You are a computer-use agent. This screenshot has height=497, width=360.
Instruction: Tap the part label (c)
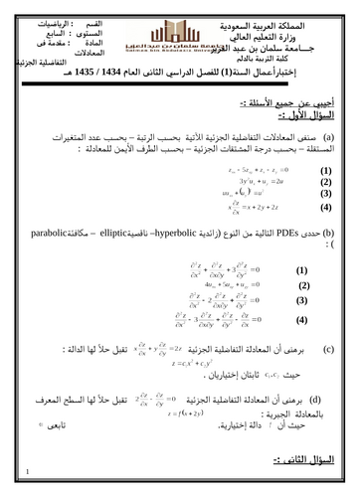[x=329, y=350]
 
